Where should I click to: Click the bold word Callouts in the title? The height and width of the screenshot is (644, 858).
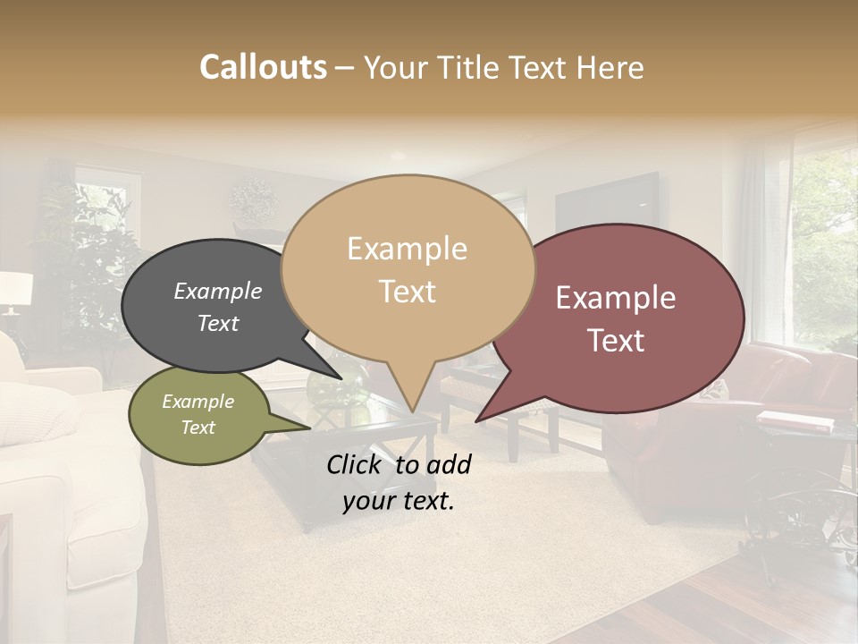[263, 67]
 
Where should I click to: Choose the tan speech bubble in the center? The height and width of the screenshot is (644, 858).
[408, 268]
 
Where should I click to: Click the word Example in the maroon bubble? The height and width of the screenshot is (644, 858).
[616, 298]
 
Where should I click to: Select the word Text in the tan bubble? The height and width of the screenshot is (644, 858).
[408, 292]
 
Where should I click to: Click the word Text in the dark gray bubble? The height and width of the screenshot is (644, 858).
[218, 324]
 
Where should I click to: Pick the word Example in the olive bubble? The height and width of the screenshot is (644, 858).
[198, 402]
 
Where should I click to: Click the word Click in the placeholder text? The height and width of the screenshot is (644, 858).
[356, 464]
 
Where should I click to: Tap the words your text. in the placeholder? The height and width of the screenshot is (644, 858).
[399, 502]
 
